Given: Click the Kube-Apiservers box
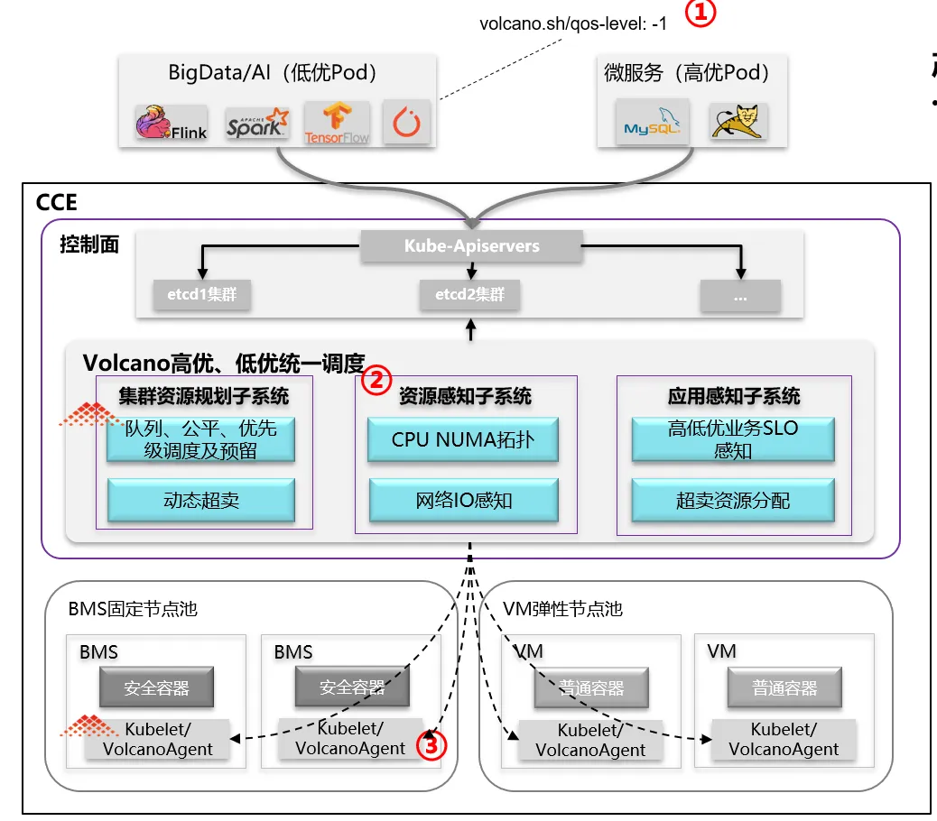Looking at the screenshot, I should (x=471, y=246).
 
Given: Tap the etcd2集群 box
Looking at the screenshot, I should (x=469, y=295).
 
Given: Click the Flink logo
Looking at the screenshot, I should (x=172, y=123).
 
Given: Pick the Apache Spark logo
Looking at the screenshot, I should (x=257, y=123).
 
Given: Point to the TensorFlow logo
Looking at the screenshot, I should (x=337, y=123).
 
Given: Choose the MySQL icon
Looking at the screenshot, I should (x=649, y=123).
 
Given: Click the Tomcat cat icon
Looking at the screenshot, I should (x=738, y=121).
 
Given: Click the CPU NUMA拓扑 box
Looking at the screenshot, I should (x=462, y=441).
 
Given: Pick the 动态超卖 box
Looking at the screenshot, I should (x=201, y=501).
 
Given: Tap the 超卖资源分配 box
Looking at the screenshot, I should (x=732, y=501).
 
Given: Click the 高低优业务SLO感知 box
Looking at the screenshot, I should (x=732, y=439).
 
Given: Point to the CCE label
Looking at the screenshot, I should (x=56, y=203).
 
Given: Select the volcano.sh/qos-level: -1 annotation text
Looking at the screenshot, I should (x=574, y=24).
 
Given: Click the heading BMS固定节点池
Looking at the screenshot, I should (x=133, y=609).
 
